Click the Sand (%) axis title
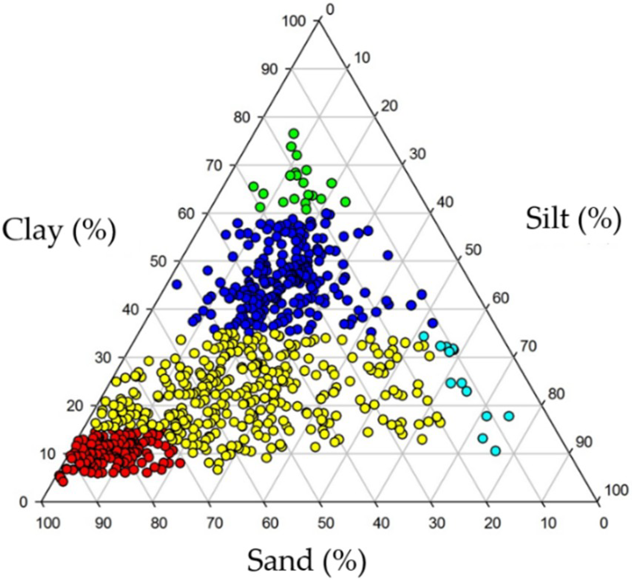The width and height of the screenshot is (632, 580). point(307,561)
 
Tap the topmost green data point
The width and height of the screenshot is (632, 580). point(294,133)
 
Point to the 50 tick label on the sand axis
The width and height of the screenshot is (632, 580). point(326,523)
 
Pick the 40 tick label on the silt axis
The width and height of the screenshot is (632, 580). point(445,202)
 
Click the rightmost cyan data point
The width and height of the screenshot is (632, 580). point(509,416)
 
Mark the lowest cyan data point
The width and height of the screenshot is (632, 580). point(496,451)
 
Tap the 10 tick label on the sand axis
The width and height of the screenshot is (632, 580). point(548,523)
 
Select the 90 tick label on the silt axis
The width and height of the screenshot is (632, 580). point(584,442)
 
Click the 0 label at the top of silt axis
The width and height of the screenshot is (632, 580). point(330,10)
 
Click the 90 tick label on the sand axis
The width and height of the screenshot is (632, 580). point(103,523)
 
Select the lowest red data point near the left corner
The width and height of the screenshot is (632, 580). point(63,482)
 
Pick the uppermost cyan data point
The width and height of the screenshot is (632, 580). point(424,336)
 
